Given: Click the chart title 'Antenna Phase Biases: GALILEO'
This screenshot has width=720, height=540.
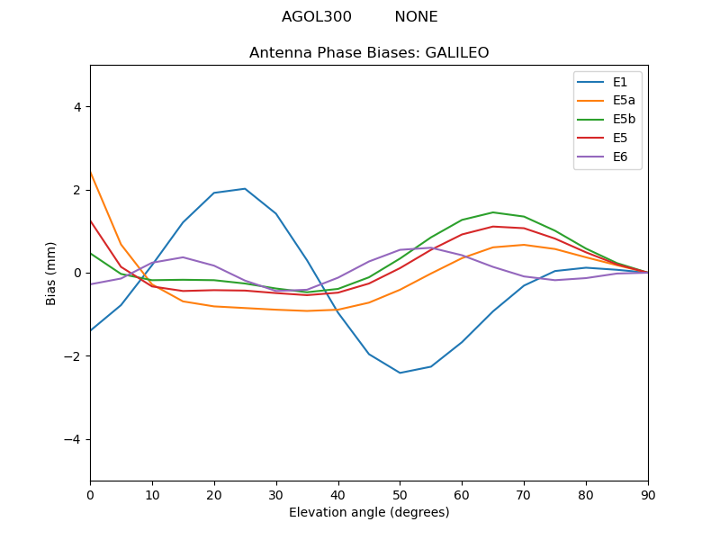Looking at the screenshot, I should [x=369, y=53].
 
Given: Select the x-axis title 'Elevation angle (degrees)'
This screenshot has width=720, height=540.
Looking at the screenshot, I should [x=369, y=513].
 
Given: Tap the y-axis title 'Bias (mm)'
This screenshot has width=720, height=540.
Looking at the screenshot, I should [x=52, y=273].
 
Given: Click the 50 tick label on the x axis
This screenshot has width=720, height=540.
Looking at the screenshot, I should [x=400, y=494].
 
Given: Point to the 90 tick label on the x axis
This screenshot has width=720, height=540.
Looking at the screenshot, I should [x=648, y=494].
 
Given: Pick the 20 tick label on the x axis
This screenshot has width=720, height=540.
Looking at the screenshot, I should [x=214, y=494].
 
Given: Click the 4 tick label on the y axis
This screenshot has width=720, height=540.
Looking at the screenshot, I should [x=76, y=106].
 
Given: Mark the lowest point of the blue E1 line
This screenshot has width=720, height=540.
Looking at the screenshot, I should [x=400, y=373].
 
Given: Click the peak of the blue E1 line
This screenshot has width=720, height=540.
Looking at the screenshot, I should [x=245, y=189].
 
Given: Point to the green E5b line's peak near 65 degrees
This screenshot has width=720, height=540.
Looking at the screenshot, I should [x=493, y=212].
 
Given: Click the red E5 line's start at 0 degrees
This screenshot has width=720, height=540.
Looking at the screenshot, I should [x=91, y=220].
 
